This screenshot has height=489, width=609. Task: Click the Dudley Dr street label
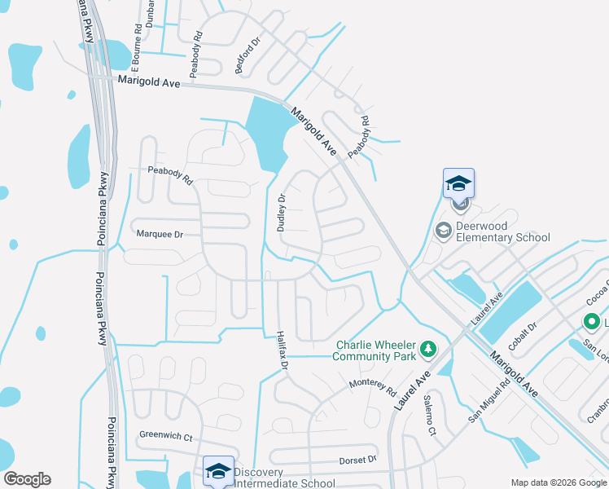coord(282,213)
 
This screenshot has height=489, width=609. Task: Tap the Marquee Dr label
coord(160,234)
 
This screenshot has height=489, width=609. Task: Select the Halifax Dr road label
coord(281,350)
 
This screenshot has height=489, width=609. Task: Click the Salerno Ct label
coord(430,413)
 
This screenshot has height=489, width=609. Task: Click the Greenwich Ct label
coord(165,436)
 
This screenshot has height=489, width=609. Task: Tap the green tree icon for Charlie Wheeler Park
coord(427,350)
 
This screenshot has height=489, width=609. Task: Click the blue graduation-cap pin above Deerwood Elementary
coord(458,183)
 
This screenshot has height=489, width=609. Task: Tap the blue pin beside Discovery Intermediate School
coord(218,470)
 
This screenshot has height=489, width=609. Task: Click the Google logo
coord(27,479)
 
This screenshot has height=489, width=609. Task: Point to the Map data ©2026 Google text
coord(558,482)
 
